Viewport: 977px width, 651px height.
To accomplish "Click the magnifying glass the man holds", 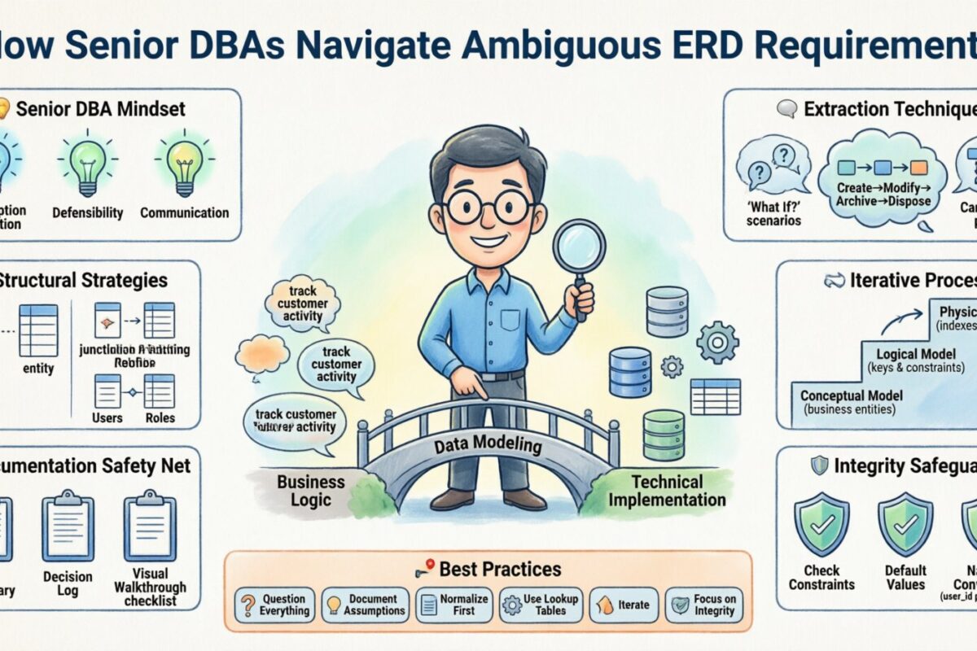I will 579,248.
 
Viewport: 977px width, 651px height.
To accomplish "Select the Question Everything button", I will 275,605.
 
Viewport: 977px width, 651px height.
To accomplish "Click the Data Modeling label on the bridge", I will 488,445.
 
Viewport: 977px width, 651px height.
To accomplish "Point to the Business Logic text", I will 311,490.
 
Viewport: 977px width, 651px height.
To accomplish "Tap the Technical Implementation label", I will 666,491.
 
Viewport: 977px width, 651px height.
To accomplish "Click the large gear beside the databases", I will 718,341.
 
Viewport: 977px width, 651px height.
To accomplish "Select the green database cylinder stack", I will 664,435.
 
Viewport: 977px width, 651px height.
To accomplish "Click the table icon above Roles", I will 159,391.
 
